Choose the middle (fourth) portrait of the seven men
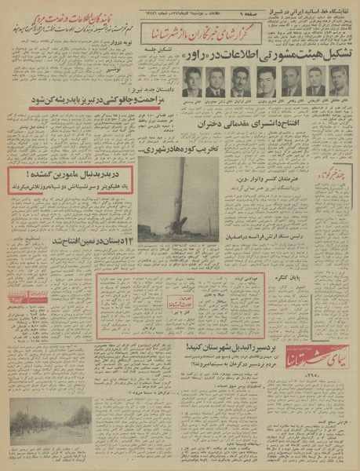tap(266, 82)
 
